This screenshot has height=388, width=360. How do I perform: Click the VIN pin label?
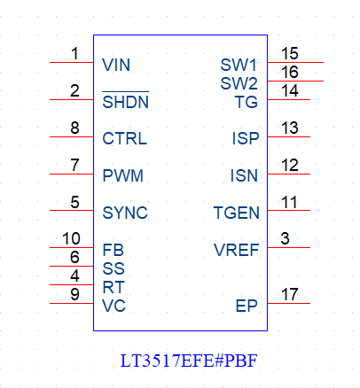pos(116,65)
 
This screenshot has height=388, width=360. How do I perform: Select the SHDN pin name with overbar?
pos(126,100)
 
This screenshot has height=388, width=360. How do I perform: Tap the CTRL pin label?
pos(124,138)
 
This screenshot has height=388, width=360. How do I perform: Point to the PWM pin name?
pos(122,175)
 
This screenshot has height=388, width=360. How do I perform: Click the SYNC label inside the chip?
pos(125,213)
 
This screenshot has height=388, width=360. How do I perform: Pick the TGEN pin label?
pos(237,213)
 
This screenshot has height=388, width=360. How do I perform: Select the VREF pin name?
pos(237,250)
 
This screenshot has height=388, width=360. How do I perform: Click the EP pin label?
pos(247,306)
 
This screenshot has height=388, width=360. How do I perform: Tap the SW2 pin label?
pos(239,83)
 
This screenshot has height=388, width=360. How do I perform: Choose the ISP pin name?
pos(246,138)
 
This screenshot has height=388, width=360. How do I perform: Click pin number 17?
pos(290,294)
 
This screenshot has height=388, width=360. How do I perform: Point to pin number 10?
pos(71,238)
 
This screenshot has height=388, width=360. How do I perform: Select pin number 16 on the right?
pos(290,72)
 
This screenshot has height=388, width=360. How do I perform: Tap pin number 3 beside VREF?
pos(285,238)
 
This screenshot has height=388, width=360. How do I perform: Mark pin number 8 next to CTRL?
pos(74,128)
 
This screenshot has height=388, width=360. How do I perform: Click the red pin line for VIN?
pos(72,62)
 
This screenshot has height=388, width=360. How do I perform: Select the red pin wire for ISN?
pos(289,174)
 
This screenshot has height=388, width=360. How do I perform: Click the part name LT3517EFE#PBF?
pos(189,361)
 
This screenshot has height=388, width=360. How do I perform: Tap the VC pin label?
pos(113,306)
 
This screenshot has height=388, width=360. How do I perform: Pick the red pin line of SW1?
pos(295,62)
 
